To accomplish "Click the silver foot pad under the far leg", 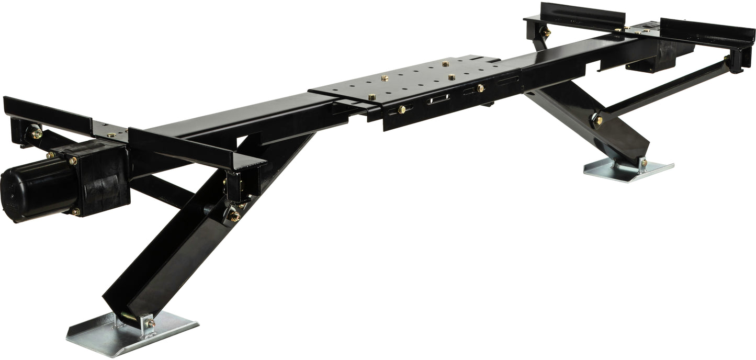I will [628, 170].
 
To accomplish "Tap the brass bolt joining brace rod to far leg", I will [599, 120].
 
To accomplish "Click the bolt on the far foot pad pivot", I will [644, 162].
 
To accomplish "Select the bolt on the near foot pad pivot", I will [151, 323].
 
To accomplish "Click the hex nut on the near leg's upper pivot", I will [234, 216].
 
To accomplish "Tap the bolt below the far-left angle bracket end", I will [36, 133].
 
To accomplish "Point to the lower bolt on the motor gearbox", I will [74, 212].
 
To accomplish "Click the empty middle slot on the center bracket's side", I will [439, 99].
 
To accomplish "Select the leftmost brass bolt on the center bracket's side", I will [402, 109].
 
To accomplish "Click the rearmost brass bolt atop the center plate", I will [445, 64].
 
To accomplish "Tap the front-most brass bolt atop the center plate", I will [372, 97].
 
